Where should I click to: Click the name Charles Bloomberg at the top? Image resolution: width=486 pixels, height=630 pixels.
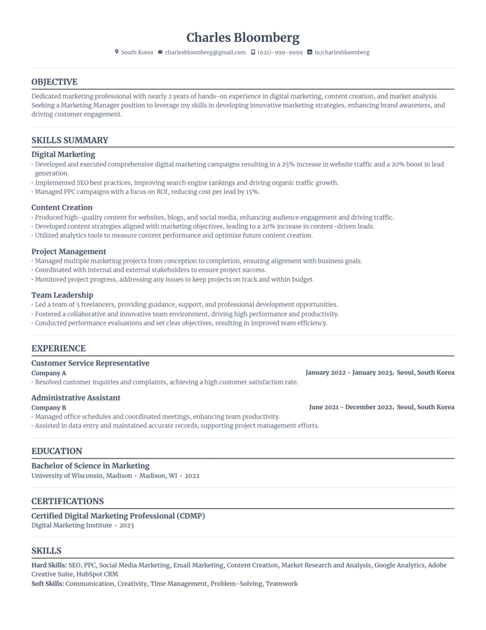click(x=243, y=38)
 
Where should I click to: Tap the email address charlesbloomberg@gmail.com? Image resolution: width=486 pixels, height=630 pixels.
click(x=205, y=53)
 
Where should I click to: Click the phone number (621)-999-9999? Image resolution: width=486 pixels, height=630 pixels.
click(x=280, y=53)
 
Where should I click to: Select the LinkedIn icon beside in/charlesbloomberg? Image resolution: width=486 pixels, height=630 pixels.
click(x=310, y=52)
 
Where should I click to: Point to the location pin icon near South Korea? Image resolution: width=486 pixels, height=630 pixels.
click(x=117, y=52)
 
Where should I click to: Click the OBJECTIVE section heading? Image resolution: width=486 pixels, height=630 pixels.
click(x=54, y=82)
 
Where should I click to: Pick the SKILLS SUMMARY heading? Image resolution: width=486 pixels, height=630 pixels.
click(x=69, y=140)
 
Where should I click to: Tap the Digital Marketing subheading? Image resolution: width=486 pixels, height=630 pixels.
click(x=63, y=154)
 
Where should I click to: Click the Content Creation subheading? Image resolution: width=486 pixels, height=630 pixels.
click(x=62, y=207)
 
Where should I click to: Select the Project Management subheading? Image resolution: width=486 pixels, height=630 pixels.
click(x=69, y=251)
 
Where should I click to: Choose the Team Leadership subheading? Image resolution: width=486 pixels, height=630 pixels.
click(x=62, y=295)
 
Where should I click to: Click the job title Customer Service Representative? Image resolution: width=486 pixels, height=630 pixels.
click(x=90, y=363)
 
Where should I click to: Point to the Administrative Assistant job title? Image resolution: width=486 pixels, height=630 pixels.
click(x=76, y=397)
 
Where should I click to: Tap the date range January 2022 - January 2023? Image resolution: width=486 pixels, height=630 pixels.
click(x=348, y=373)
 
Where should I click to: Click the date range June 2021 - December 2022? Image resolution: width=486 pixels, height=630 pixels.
click(x=350, y=407)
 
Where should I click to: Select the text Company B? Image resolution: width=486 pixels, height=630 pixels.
click(x=49, y=407)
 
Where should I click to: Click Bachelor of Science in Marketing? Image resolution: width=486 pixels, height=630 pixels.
click(x=90, y=466)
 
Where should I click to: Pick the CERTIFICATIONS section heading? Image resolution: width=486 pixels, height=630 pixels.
click(x=68, y=501)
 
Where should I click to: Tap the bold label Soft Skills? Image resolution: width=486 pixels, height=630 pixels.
click(x=47, y=583)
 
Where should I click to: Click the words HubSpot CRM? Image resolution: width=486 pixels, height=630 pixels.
click(x=97, y=574)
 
